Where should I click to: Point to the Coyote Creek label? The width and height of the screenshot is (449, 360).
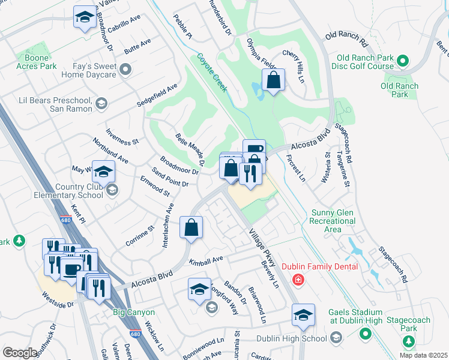pos(211,73)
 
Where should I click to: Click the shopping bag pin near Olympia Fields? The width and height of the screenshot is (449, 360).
pos(273,81)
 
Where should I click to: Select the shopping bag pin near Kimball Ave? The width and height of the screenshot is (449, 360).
pos(191,228)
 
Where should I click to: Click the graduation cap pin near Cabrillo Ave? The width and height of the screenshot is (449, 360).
pos(85,17)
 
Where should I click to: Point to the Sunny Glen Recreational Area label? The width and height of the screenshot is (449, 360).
pos(333,221)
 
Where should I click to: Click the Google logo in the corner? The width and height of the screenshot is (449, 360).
pos(20,352)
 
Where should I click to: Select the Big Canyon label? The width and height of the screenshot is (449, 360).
pos(134,313)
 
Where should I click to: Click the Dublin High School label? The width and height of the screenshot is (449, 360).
pos(291,338)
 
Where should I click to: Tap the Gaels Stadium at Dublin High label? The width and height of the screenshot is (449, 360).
pos(355,317)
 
